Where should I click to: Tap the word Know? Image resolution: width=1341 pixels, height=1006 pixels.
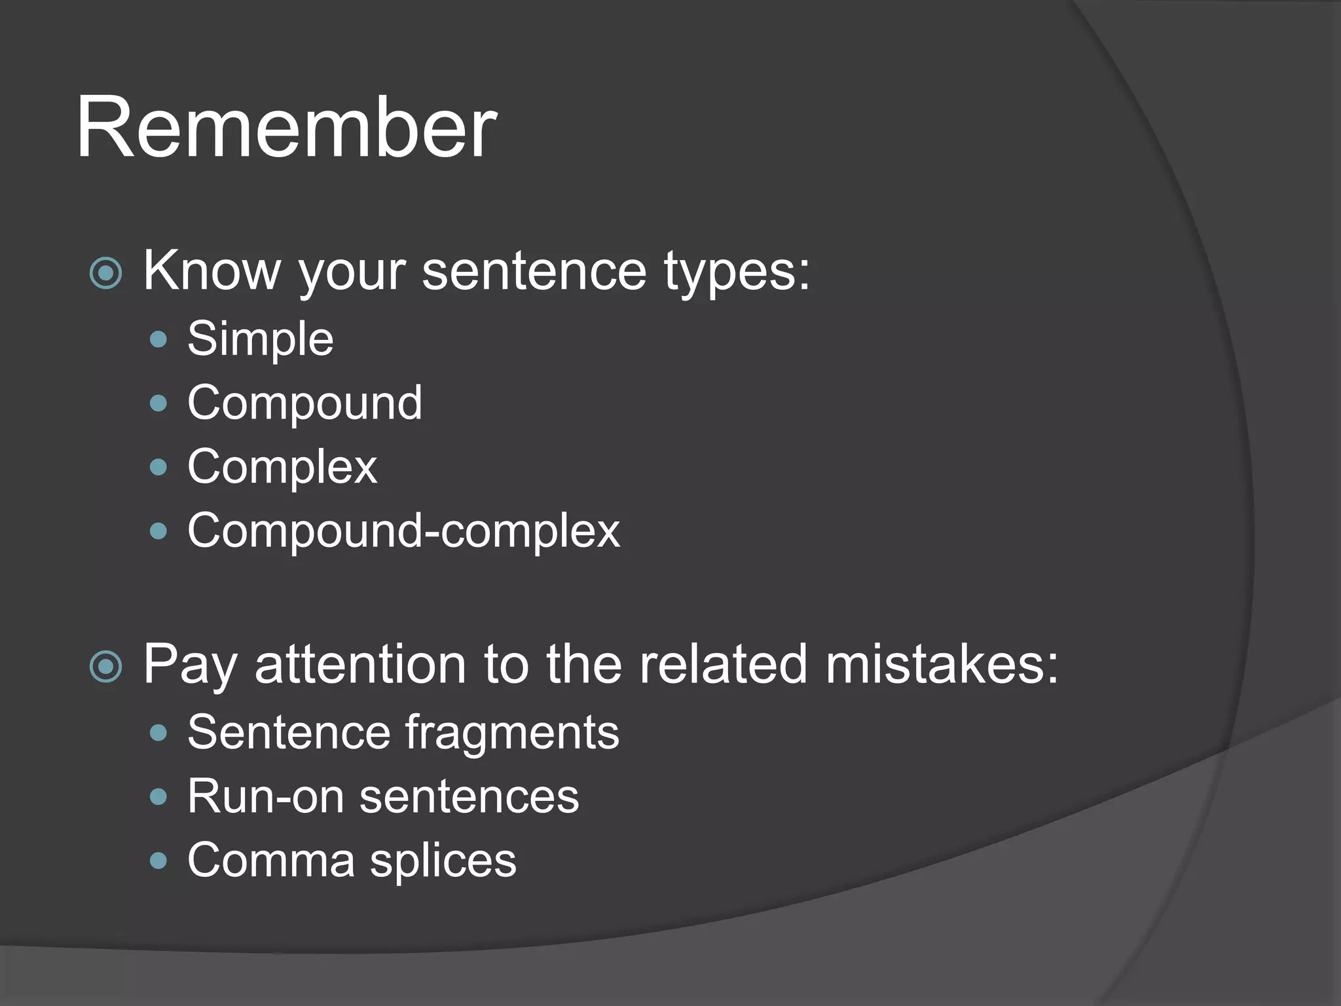pos(211,270)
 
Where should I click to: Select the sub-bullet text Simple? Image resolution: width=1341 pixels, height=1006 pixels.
pos(260,339)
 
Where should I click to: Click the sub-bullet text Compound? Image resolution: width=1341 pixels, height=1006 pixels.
pos(304,403)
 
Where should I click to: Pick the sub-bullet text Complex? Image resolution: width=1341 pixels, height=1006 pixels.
pos(282,467)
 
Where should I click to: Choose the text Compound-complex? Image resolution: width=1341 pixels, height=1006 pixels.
pos(403,531)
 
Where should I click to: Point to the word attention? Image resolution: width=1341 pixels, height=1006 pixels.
pos(360,664)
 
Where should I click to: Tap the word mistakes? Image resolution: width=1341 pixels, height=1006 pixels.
pos(941,664)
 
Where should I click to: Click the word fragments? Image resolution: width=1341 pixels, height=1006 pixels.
pos(511,734)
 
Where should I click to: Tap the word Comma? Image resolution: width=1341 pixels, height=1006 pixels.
pos(271,860)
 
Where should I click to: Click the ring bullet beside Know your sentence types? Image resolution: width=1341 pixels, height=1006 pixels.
pos(106,274)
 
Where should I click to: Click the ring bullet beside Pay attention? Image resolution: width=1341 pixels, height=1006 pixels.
pos(106,667)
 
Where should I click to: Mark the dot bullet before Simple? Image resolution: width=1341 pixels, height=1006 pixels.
pos(158,339)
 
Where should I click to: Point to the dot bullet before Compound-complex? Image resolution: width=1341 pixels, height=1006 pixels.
pos(158,531)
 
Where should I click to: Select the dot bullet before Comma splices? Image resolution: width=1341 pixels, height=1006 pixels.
pos(158,860)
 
